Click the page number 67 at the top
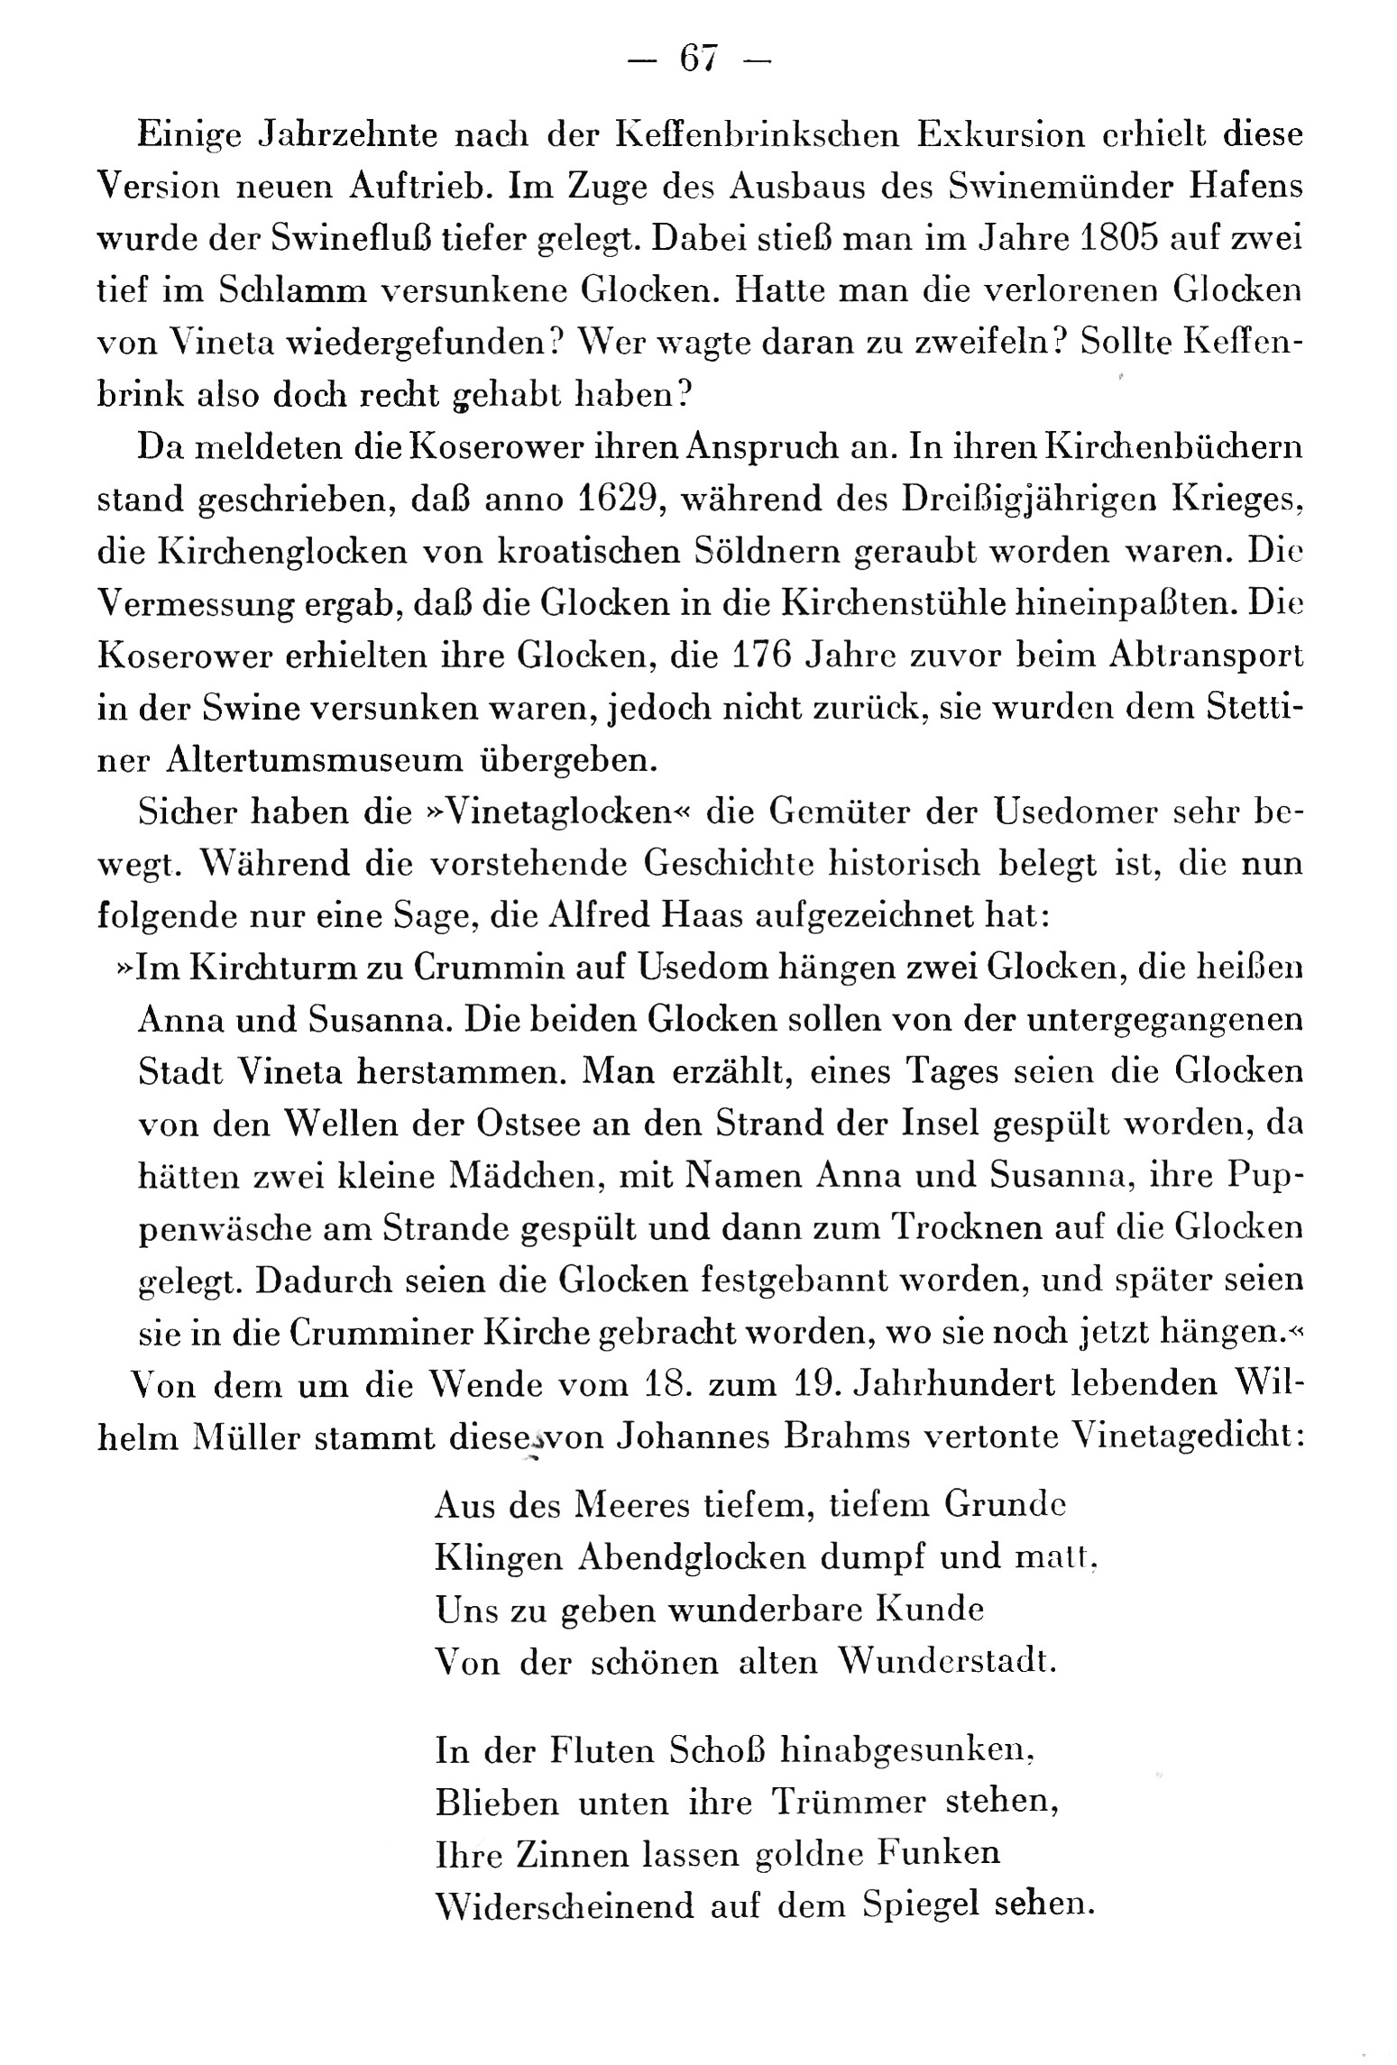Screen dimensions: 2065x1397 [x=698, y=59]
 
